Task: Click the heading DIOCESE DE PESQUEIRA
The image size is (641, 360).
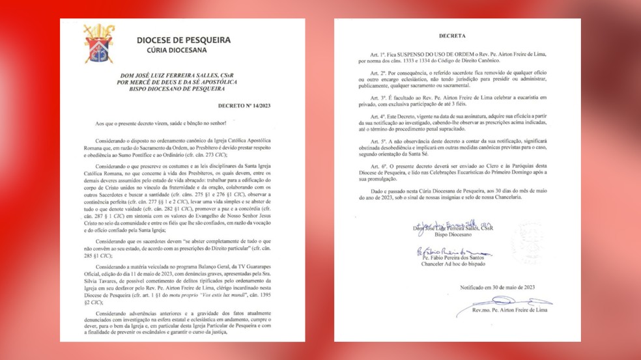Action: click(184, 40)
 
